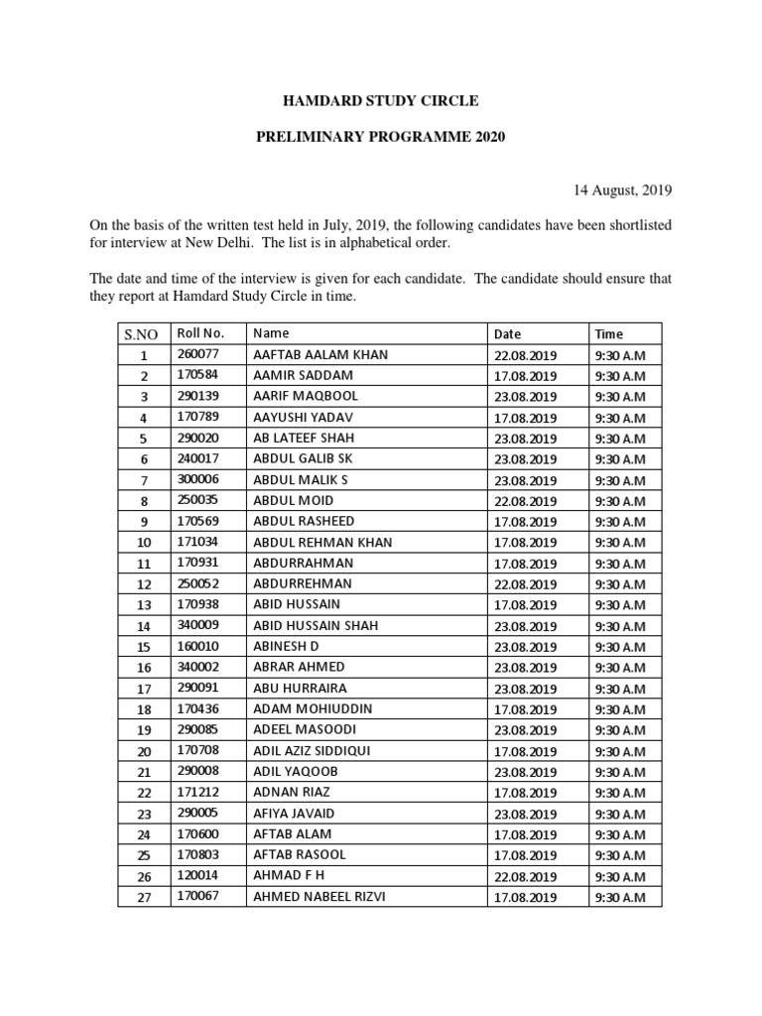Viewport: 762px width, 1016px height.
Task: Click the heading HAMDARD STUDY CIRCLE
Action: click(x=381, y=101)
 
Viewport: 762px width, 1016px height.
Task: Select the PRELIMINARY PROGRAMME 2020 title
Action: click(x=381, y=137)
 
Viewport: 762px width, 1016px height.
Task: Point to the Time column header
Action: click(x=609, y=334)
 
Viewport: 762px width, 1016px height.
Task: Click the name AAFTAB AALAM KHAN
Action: click(x=320, y=354)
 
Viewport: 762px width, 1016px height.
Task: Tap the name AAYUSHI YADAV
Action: click(x=303, y=417)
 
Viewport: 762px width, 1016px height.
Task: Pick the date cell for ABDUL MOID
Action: click(x=526, y=501)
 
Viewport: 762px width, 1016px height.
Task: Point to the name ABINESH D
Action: click(x=286, y=646)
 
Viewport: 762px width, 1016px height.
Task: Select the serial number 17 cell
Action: click(x=144, y=689)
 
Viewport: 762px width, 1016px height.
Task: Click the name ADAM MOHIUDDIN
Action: click(x=313, y=709)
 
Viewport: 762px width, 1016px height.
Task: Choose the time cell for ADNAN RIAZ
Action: click(x=620, y=793)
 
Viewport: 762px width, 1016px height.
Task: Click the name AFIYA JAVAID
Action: click(x=295, y=813)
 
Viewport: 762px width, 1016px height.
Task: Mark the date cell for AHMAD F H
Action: click(x=526, y=876)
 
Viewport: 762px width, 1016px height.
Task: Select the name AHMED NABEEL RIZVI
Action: click(x=319, y=897)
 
